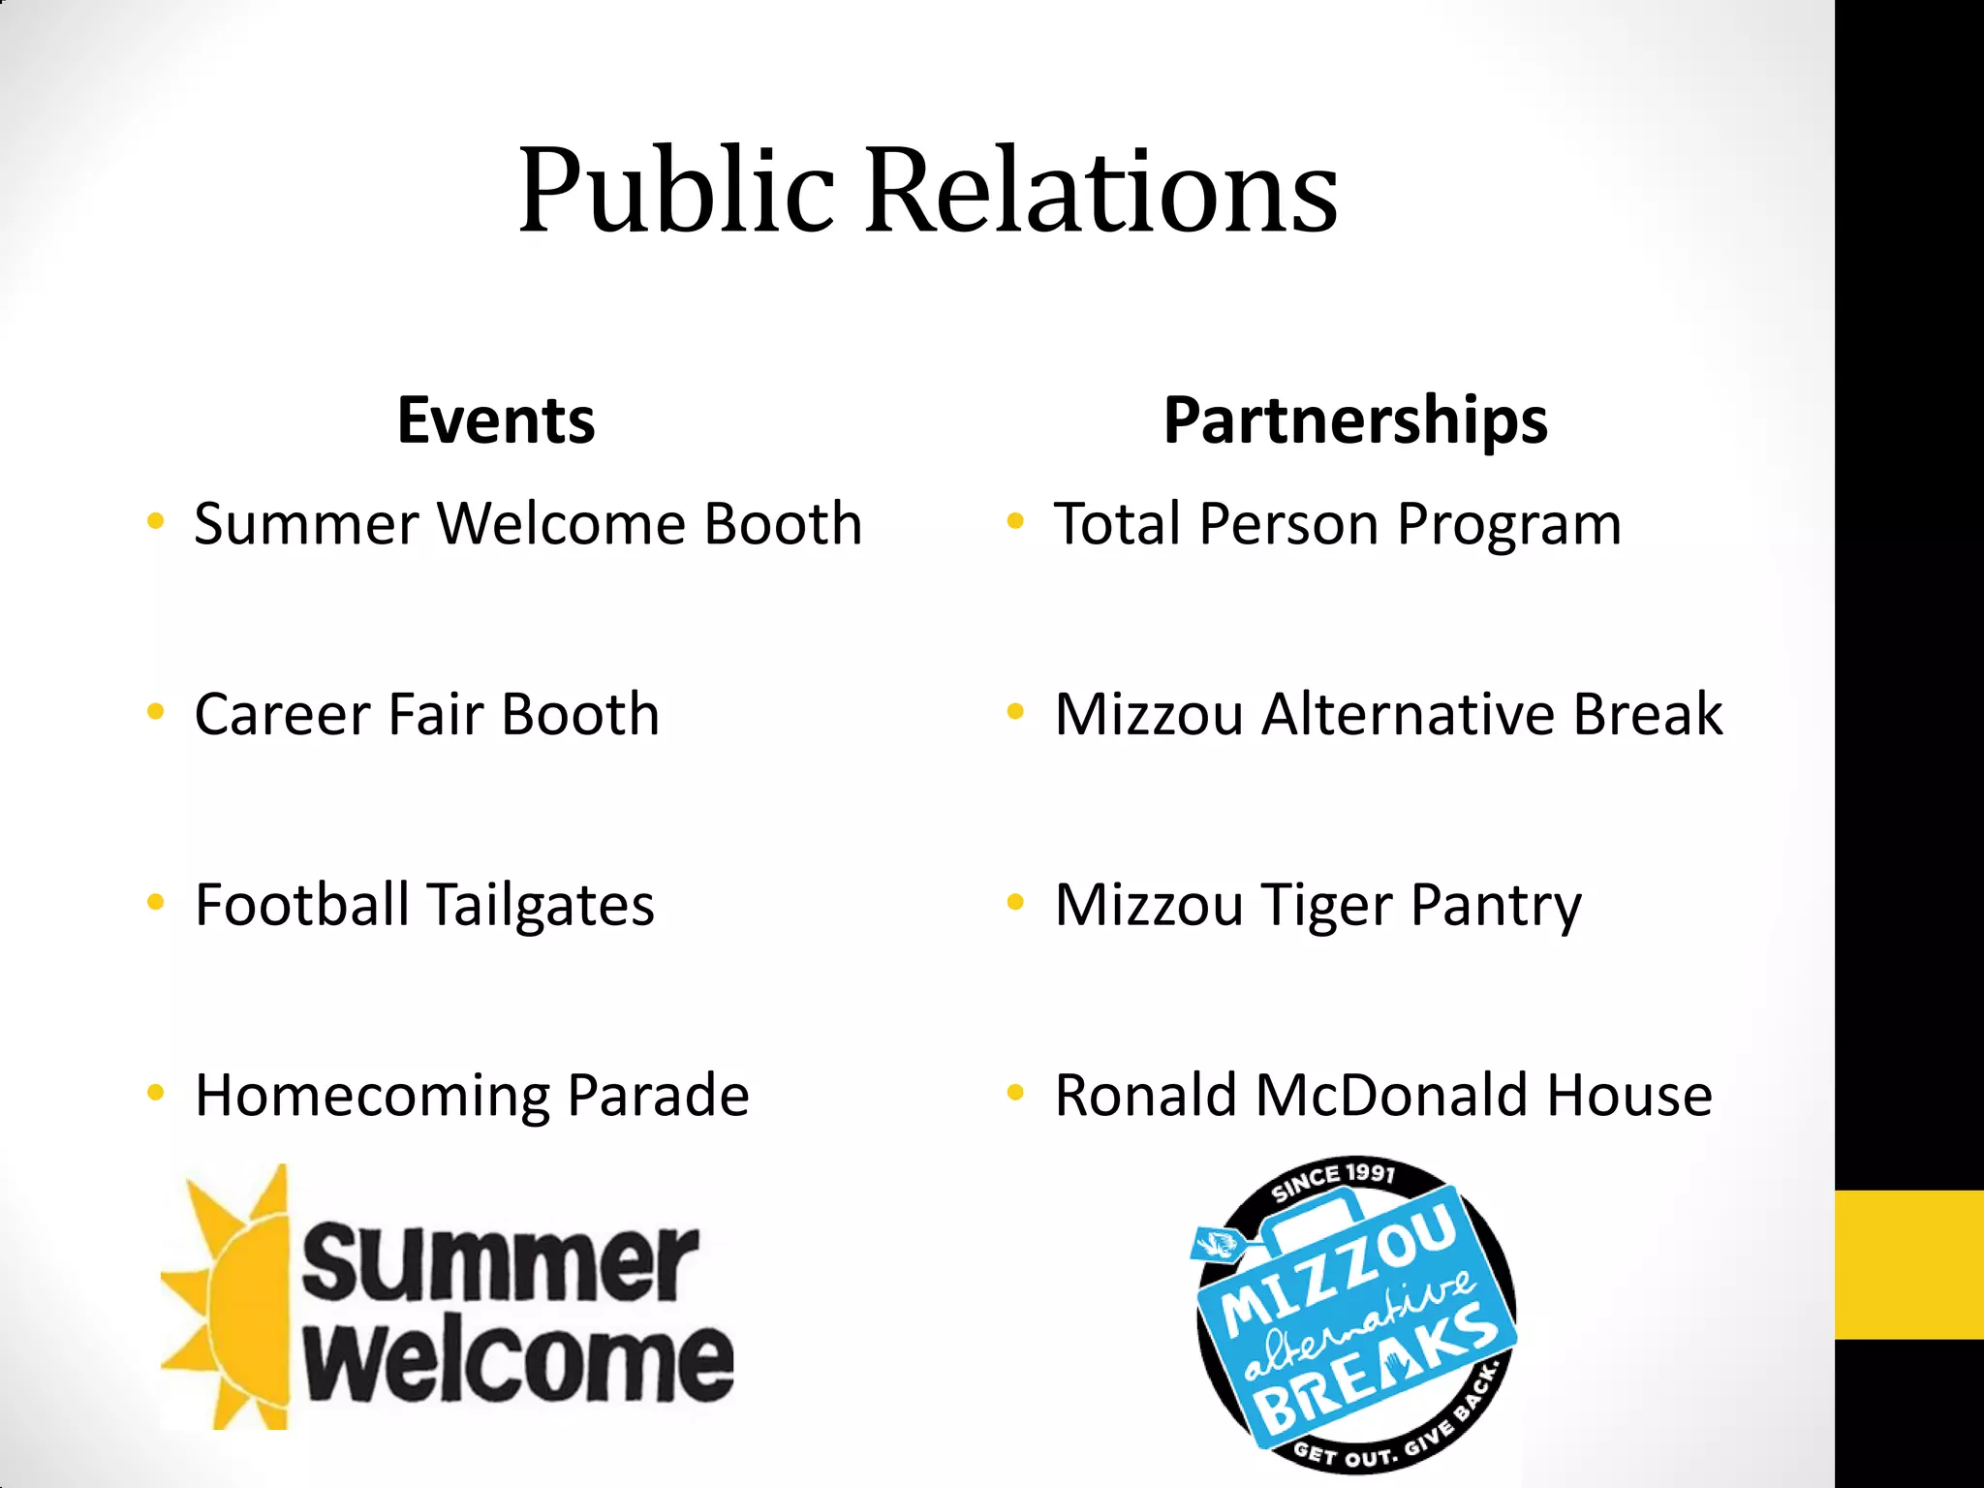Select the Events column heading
496,420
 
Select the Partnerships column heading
1355,422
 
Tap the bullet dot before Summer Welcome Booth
155,523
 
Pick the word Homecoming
372,1097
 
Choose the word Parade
658,1096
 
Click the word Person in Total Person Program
1288,525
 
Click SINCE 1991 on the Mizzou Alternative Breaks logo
1334,1180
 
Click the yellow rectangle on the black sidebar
1908,1264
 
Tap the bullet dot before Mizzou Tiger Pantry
1015,904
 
